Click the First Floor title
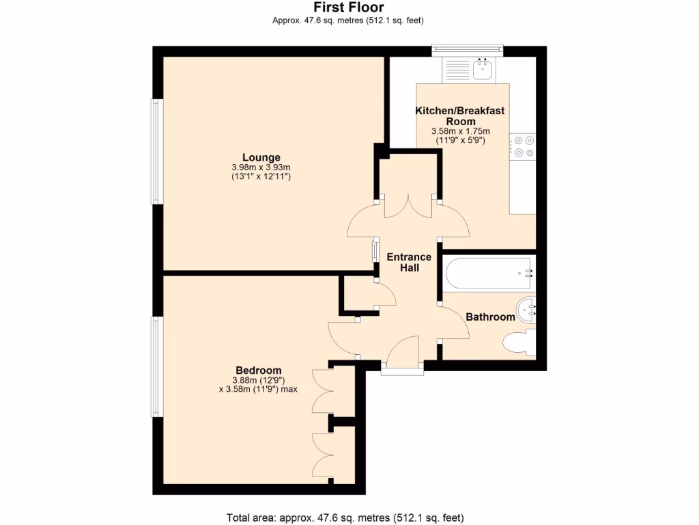tap(348, 8)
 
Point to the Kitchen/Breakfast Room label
tap(460, 116)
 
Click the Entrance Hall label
tap(409, 262)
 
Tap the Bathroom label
tap(489, 317)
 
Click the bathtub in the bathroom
tap(489, 273)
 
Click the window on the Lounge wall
tap(156, 152)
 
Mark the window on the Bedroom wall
tap(156, 366)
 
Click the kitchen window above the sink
tap(468, 49)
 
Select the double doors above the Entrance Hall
tap(408, 206)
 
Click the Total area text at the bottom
tap(349, 517)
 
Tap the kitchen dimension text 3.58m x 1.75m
tap(460, 131)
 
